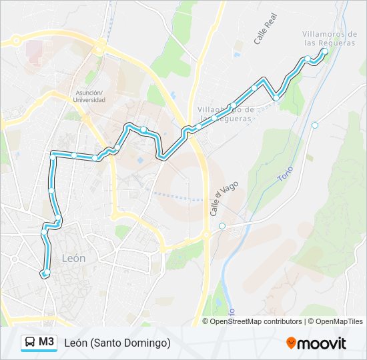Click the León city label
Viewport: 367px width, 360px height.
pyautogui.click(x=73, y=258)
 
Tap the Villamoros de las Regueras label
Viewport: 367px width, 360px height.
pyautogui.click(x=330, y=38)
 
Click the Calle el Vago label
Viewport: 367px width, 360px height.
pyautogui.click(x=215, y=201)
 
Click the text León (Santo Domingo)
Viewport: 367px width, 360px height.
pyautogui.click(x=117, y=343)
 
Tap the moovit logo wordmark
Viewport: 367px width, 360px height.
pyautogui.click(x=322, y=343)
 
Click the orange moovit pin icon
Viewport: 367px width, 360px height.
pyautogui.click(x=292, y=343)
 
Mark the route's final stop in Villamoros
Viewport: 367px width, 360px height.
pyautogui.click(x=324, y=51)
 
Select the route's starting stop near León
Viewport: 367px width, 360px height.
pyautogui.click(x=45, y=274)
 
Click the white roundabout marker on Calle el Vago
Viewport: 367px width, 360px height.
pyautogui.click(x=222, y=225)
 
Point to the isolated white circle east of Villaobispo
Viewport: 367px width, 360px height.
pyautogui.click(x=315, y=125)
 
